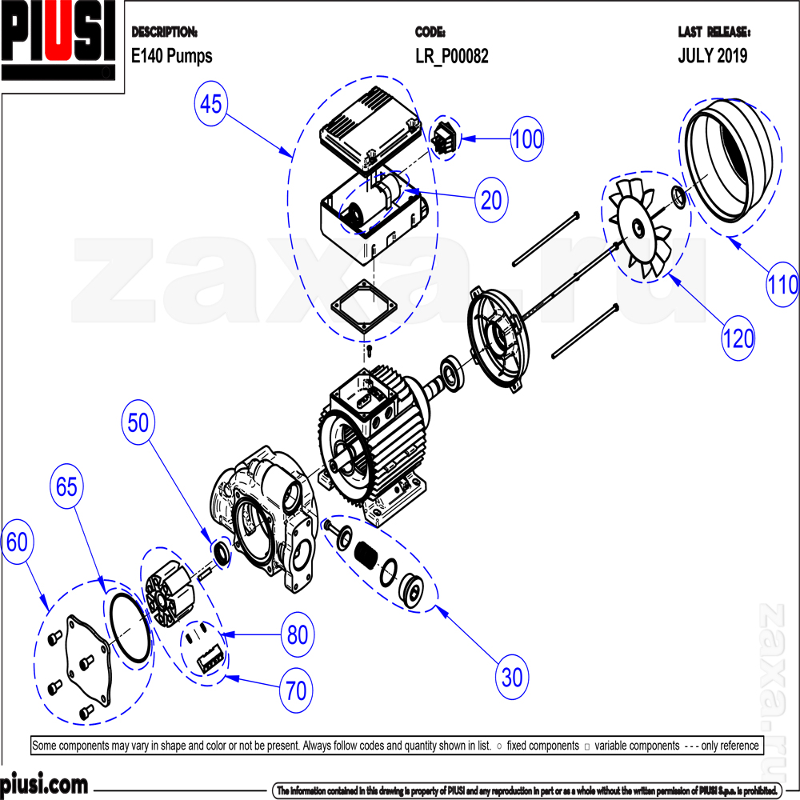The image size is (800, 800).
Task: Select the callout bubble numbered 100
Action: (526, 138)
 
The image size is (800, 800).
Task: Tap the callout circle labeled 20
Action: (491, 199)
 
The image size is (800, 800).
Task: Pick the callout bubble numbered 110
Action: (782, 284)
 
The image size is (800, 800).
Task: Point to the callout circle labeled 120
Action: (737, 338)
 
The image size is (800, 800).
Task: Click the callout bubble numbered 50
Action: (139, 423)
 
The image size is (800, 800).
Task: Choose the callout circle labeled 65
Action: (68, 486)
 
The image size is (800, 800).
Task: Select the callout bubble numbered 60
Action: (17, 542)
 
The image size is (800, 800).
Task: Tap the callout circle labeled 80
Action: (297, 635)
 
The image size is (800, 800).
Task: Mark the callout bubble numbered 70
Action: (296, 690)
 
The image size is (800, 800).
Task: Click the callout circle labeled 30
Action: (512, 678)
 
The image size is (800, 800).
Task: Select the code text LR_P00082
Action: (451, 56)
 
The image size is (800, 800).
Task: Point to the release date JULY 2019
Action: (713, 56)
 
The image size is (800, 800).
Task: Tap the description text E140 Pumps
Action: (171, 56)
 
